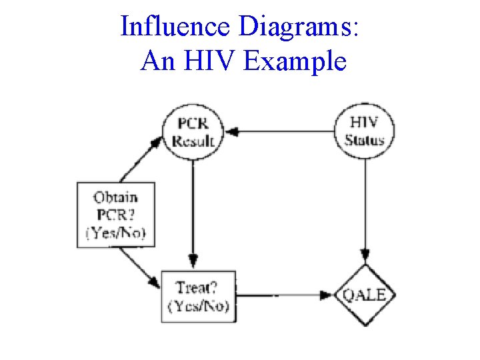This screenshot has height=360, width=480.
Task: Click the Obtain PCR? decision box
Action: [116, 215]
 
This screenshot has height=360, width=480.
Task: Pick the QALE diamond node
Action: [365, 295]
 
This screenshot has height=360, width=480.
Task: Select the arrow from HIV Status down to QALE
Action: [365, 207]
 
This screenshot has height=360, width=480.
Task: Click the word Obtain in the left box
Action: [116, 198]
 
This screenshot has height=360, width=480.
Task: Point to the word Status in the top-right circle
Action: [365, 140]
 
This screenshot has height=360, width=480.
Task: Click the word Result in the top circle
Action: [193, 141]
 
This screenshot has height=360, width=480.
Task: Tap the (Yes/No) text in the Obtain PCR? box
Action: [116, 233]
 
